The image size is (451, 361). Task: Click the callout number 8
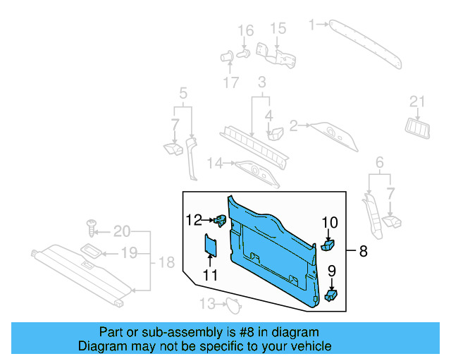pyautogui.click(x=363, y=251)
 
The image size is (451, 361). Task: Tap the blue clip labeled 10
pyautogui.click(x=328, y=245)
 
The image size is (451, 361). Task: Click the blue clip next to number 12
pyautogui.click(x=221, y=221)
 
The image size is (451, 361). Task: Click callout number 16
pyautogui.click(x=245, y=30)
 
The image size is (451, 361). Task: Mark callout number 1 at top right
pyautogui.click(x=312, y=25)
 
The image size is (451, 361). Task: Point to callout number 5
pyautogui.click(x=183, y=92)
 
